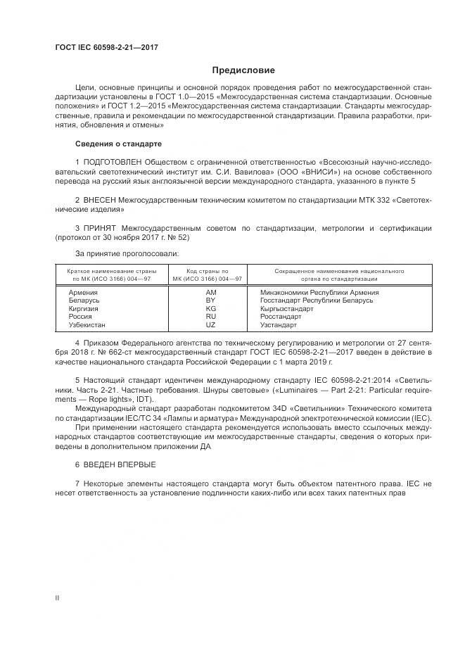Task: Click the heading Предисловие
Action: tap(244, 70)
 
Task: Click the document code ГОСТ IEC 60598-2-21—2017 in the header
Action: tap(106, 47)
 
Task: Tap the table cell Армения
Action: tap(83, 291)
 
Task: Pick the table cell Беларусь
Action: tap(84, 300)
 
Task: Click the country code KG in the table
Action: tap(210, 308)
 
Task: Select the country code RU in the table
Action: tap(210, 317)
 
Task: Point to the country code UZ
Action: tap(210, 325)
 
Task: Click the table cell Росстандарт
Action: tap(280, 317)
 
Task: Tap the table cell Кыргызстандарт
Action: tap(286, 308)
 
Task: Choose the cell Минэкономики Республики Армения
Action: tap(319, 291)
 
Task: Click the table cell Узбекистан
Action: tap(87, 325)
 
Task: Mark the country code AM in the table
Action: tap(210, 291)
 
